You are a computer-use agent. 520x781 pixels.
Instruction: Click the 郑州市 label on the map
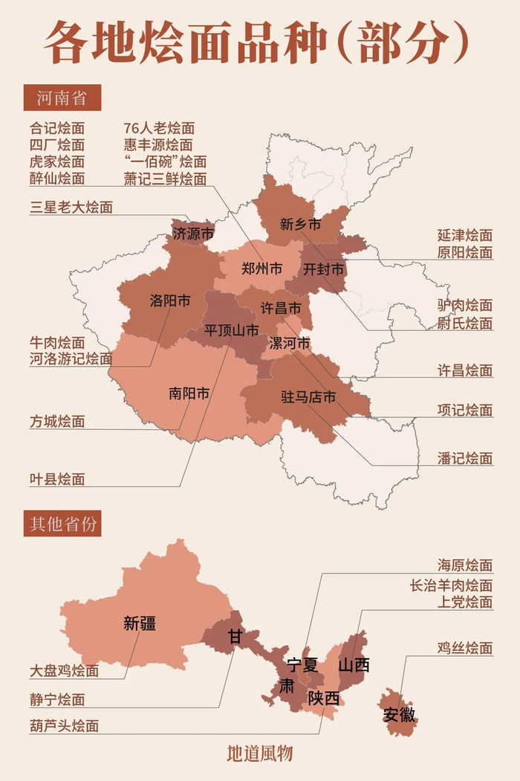point(261,269)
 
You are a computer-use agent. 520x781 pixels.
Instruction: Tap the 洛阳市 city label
point(170,300)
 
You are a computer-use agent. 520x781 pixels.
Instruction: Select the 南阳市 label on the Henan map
point(189,393)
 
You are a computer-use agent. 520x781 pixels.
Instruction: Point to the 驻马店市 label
point(308,396)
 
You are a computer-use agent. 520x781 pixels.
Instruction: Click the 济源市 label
point(193,234)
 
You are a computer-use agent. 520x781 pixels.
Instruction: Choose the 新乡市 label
point(300,224)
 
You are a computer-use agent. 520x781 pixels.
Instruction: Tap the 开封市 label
point(324,269)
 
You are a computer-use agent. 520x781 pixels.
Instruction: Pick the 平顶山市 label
point(232,330)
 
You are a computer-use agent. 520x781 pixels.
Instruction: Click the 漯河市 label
point(288,343)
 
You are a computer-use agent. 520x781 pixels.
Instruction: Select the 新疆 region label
point(140,623)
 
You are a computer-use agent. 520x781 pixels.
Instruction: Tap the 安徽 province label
point(400,716)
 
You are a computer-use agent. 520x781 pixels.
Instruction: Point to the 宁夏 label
point(302,665)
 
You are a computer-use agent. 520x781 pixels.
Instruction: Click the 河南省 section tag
point(62,97)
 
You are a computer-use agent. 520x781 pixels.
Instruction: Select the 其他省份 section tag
point(62,524)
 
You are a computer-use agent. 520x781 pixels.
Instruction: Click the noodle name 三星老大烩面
point(71,208)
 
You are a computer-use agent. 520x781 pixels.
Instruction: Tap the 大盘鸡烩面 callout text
point(65,671)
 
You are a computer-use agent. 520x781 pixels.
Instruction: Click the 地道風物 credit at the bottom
point(260,753)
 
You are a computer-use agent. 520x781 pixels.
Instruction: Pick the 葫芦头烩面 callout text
point(65,725)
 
